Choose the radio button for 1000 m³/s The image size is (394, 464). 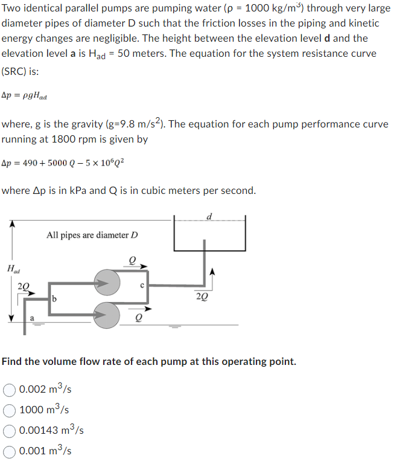click(10, 410)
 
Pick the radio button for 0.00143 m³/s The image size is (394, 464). click(10, 430)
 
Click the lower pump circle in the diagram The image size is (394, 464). click(107, 314)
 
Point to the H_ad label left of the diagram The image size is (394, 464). click(11, 268)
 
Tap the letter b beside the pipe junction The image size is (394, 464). click(54, 298)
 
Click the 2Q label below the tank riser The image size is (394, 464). click(203, 296)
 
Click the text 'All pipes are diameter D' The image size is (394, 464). click(92, 235)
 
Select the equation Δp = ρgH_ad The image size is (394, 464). click(25, 95)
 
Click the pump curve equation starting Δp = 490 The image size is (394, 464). click(63, 164)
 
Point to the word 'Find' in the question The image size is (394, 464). click(13, 361)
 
